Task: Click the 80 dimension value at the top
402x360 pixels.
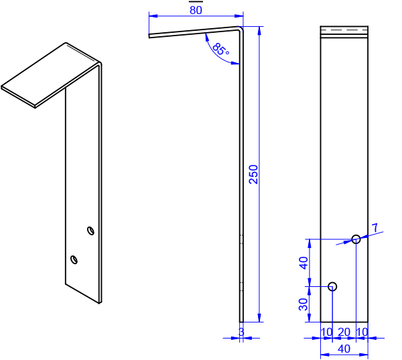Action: (x=196, y=10)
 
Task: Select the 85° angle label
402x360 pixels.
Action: (x=220, y=49)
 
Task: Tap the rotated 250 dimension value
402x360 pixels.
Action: (x=253, y=174)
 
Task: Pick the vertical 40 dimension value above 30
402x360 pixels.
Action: (x=304, y=262)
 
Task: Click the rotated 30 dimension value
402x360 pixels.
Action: (x=304, y=304)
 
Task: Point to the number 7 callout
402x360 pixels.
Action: (x=375, y=227)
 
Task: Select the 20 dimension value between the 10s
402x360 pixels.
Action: (x=344, y=333)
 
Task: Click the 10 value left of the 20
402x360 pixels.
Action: (x=326, y=333)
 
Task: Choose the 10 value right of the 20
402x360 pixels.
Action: (x=362, y=333)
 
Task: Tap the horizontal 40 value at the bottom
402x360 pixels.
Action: (x=344, y=349)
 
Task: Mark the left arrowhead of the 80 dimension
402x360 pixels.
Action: (x=152, y=15)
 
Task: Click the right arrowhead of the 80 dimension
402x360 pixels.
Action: (x=239, y=15)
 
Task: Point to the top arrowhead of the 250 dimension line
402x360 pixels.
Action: (x=259, y=31)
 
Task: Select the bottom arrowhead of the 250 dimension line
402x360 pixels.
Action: (x=259, y=318)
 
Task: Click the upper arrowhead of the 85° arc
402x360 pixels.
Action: (x=206, y=36)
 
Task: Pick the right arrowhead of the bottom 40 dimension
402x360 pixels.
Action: (x=364, y=355)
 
